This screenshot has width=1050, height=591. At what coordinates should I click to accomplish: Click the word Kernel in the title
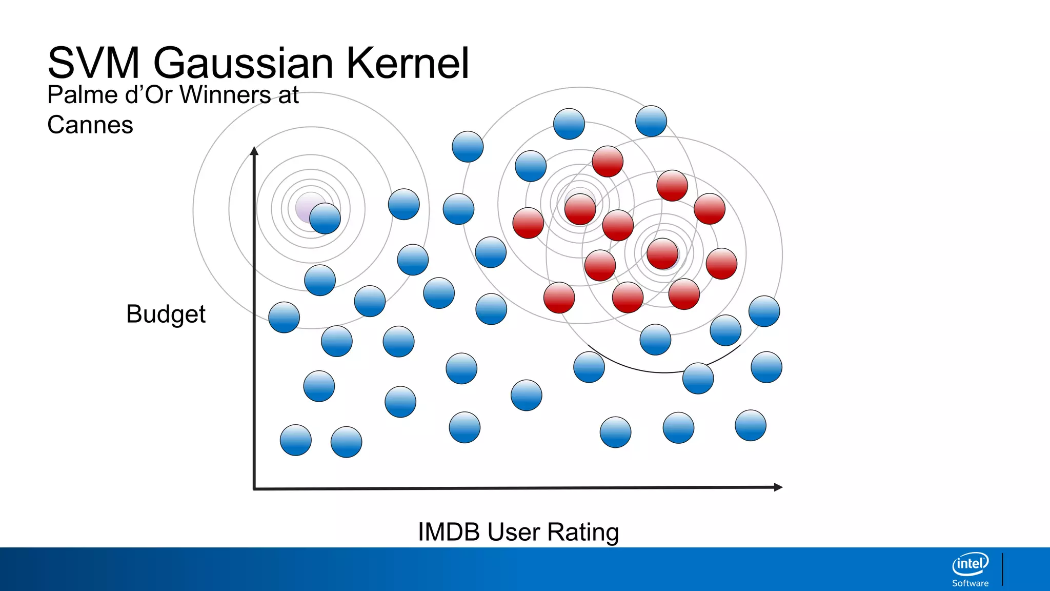408,63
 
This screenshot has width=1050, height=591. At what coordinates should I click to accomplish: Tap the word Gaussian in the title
243,63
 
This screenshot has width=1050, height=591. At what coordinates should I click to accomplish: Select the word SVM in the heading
93,63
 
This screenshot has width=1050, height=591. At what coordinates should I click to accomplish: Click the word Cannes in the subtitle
90,125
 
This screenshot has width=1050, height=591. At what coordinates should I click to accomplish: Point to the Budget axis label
166,314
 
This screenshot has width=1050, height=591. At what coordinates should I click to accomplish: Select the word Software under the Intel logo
970,583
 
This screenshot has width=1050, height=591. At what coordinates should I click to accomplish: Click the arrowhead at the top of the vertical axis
254,150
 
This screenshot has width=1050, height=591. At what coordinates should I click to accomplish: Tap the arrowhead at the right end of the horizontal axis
778,487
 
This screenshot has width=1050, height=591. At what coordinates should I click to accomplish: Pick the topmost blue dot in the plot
651,121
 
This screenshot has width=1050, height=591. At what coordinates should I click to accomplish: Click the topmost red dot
608,161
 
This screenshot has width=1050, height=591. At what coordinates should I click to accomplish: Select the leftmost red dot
528,223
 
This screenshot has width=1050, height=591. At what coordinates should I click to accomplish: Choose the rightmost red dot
721,264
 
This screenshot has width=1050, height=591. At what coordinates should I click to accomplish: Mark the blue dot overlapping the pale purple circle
325,219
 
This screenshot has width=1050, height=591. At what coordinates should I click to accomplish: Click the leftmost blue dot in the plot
284,318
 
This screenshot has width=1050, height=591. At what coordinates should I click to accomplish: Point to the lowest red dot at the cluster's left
559,298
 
